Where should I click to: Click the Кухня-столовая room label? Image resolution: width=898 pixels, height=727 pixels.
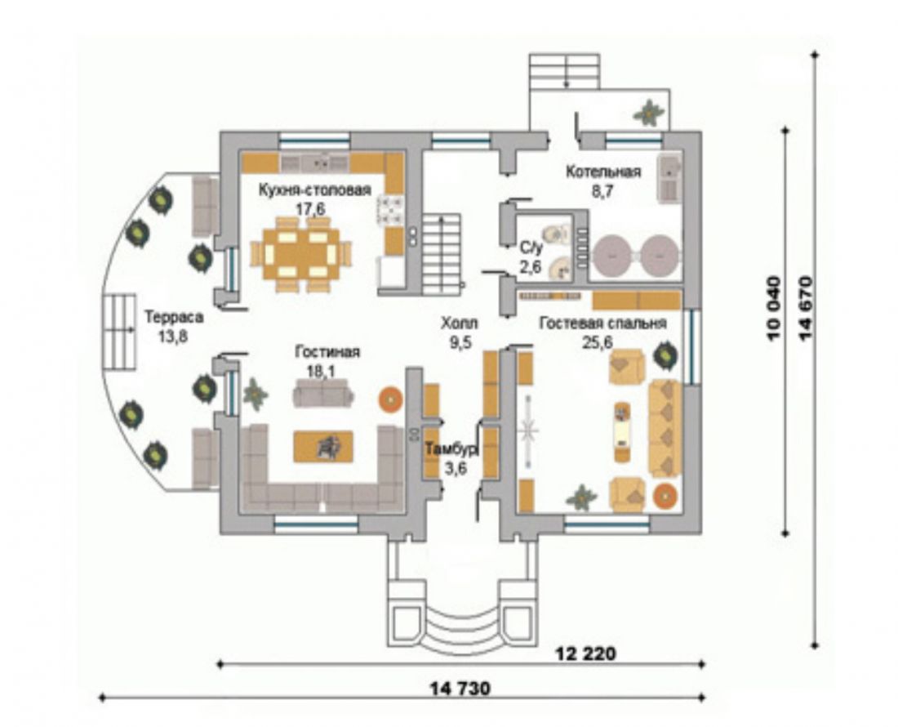pyautogui.click(x=315, y=190)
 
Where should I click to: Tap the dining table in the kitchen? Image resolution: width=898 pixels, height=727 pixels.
pyautogui.click(x=300, y=253)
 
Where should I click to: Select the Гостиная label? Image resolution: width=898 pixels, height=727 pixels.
pyautogui.click(x=327, y=352)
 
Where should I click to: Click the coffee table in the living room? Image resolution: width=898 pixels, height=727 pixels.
pyautogui.click(x=323, y=446)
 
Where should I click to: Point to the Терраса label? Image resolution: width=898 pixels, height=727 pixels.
pyautogui.click(x=174, y=318)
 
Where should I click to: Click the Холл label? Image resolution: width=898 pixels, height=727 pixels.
pyautogui.click(x=460, y=323)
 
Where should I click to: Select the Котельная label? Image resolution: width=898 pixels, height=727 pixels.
pyautogui.click(x=603, y=172)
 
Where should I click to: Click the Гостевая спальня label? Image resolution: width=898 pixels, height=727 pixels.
pyautogui.click(x=603, y=323)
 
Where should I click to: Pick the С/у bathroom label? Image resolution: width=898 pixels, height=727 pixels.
pyautogui.click(x=531, y=248)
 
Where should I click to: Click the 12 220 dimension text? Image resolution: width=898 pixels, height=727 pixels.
pyautogui.click(x=586, y=653)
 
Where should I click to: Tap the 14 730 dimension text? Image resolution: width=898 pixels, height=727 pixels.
pyautogui.click(x=460, y=688)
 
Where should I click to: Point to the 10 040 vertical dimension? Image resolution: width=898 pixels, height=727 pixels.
pyautogui.click(x=774, y=309)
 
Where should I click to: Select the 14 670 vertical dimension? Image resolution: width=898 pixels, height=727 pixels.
pyautogui.click(x=806, y=309)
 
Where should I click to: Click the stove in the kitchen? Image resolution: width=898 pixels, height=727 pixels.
pyautogui.click(x=390, y=210)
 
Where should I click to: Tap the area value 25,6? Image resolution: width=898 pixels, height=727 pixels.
pyautogui.click(x=598, y=342)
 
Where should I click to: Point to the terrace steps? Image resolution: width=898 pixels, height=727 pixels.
pyautogui.click(x=120, y=332)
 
